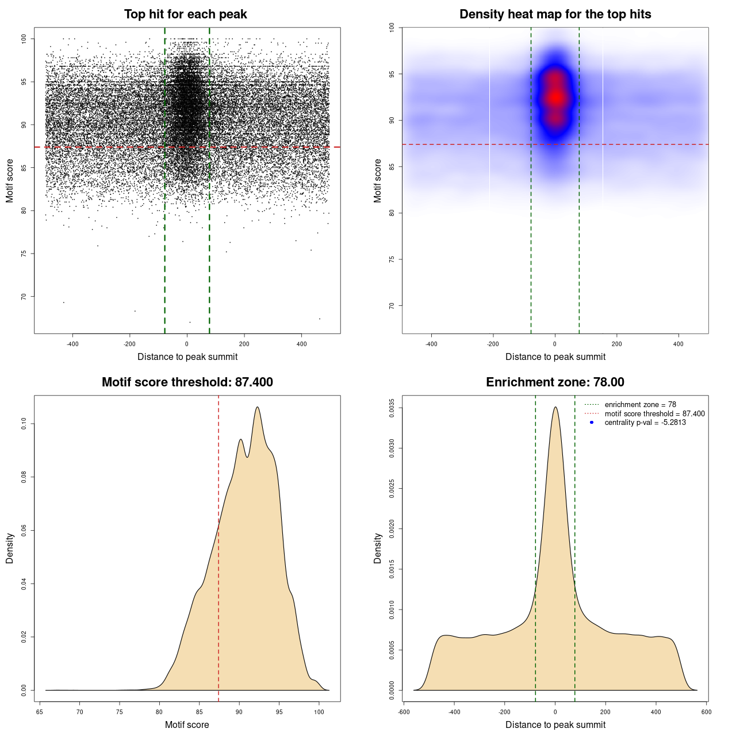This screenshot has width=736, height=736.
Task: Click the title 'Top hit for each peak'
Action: pyautogui.click(x=185, y=14)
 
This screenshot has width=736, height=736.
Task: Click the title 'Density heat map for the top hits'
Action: pyautogui.click(x=555, y=14)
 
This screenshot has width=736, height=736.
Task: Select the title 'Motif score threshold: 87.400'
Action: pyautogui.click(x=187, y=382)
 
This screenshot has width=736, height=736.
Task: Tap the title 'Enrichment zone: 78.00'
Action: pyautogui.click(x=555, y=382)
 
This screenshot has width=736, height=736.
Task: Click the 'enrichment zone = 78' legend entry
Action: pyautogui.click(x=640, y=405)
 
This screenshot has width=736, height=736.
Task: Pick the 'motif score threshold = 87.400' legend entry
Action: pyautogui.click(x=654, y=413)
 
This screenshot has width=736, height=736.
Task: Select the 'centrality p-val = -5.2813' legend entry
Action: pyautogui.click(x=645, y=423)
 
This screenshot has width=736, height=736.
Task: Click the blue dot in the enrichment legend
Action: pyautogui.click(x=592, y=423)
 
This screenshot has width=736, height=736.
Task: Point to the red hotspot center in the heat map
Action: pyautogui.click(x=555, y=98)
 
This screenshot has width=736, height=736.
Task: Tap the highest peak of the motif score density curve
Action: pyautogui.click(x=257, y=407)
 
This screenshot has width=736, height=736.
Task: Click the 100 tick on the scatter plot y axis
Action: pyautogui.click(x=24, y=39)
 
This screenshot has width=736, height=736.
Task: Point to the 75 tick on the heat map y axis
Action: pyautogui.click(x=392, y=259)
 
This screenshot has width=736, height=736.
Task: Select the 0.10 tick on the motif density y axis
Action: pyautogui.click(x=24, y=424)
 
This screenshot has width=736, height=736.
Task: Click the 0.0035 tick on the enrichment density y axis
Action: pyautogui.click(x=392, y=408)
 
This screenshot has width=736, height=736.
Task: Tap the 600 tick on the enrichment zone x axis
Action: pyautogui.click(x=707, y=712)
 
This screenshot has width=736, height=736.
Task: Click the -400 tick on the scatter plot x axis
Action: pyautogui.click(x=72, y=344)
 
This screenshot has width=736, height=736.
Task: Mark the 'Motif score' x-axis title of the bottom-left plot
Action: pyautogui.click(x=187, y=724)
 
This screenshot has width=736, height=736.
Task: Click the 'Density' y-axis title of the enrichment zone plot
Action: pyautogui.click(x=378, y=548)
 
